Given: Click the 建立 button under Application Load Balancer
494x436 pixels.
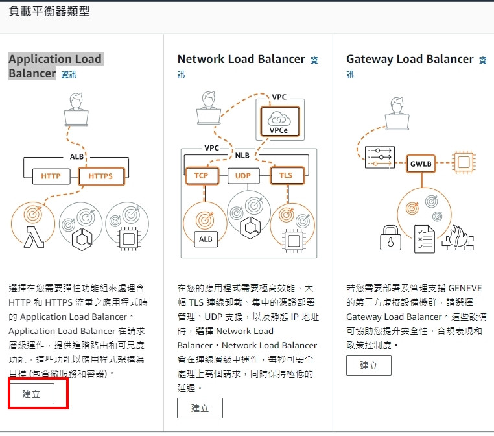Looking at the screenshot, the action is pyautogui.click(x=32, y=393).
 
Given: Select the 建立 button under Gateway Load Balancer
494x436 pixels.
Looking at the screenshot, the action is pyautogui.click(x=369, y=365).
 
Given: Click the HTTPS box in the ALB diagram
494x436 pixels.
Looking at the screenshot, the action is pyautogui.click(x=101, y=176).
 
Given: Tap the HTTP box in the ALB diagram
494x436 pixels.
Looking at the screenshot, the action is pyautogui.click(x=51, y=176).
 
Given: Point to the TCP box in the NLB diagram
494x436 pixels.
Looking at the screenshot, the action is pyautogui.click(x=202, y=176).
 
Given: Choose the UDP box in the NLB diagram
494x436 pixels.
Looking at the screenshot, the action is pyautogui.click(x=243, y=176).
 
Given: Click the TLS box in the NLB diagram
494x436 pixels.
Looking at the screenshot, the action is pyautogui.click(x=287, y=175).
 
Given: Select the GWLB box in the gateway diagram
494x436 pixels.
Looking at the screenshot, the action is pyautogui.click(x=421, y=163).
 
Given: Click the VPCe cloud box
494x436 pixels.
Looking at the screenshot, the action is pyautogui.click(x=279, y=121).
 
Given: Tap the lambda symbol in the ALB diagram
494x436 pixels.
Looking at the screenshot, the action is pyautogui.click(x=34, y=237).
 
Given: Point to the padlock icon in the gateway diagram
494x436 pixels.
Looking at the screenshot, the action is pyautogui.click(x=390, y=237).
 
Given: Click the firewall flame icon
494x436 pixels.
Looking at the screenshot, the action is pyautogui.click(x=458, y=237).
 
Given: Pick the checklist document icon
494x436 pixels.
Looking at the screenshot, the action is pyautogui.click(x=425, y=239).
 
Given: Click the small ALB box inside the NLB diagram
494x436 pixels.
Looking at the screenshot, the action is pyautogui.click(x=206, y=239).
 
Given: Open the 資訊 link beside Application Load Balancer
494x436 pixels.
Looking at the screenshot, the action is pyautogui.click(x=69, y=75).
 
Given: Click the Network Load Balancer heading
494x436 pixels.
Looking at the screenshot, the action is pyautogui.click(x=241, y=59).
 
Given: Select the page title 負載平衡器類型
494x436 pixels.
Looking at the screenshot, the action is pyautogui.click(x=49, y=11).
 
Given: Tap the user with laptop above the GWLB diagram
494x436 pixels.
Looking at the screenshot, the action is pyautogui.click(x=397, y=114).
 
